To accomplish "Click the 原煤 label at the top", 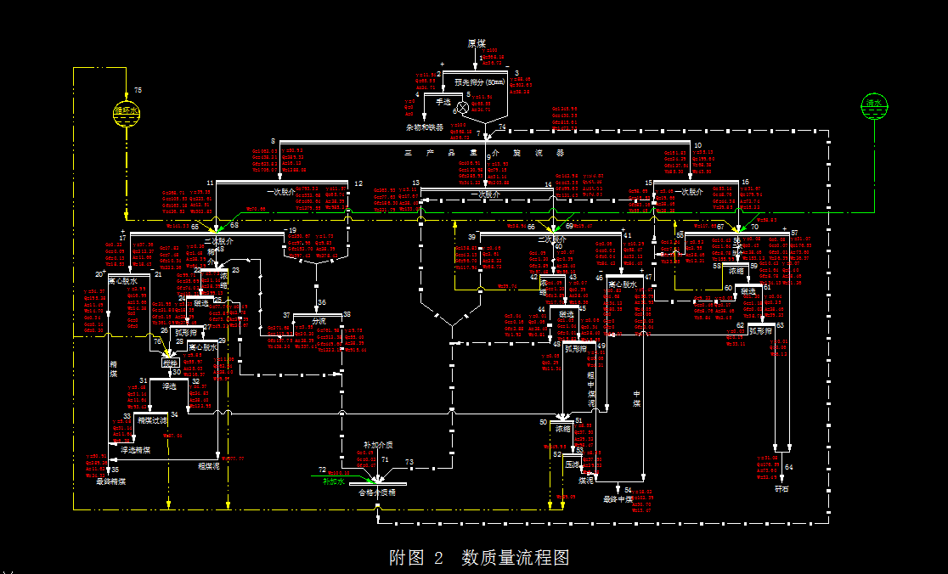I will [477, 43].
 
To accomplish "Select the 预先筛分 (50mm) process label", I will [480, 82].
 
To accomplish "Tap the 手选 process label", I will [443, 101].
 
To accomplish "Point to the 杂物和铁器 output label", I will [424, 127].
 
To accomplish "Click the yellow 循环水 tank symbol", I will [126, 111].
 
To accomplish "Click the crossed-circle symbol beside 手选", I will [463, 108].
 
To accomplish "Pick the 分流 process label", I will [319, 322].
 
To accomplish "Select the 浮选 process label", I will [169, 386].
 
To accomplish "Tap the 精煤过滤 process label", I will [154, 419].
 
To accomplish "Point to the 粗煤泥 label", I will [208, 465].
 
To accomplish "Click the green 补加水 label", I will [333, 481].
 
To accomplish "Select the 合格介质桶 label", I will [377, 492].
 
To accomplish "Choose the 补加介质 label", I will [378, 445].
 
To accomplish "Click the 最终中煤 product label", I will [618, 499].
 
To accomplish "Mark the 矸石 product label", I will [782, 488].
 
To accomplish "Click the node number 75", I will [138, 90].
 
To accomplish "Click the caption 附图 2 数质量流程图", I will [479, 558].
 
